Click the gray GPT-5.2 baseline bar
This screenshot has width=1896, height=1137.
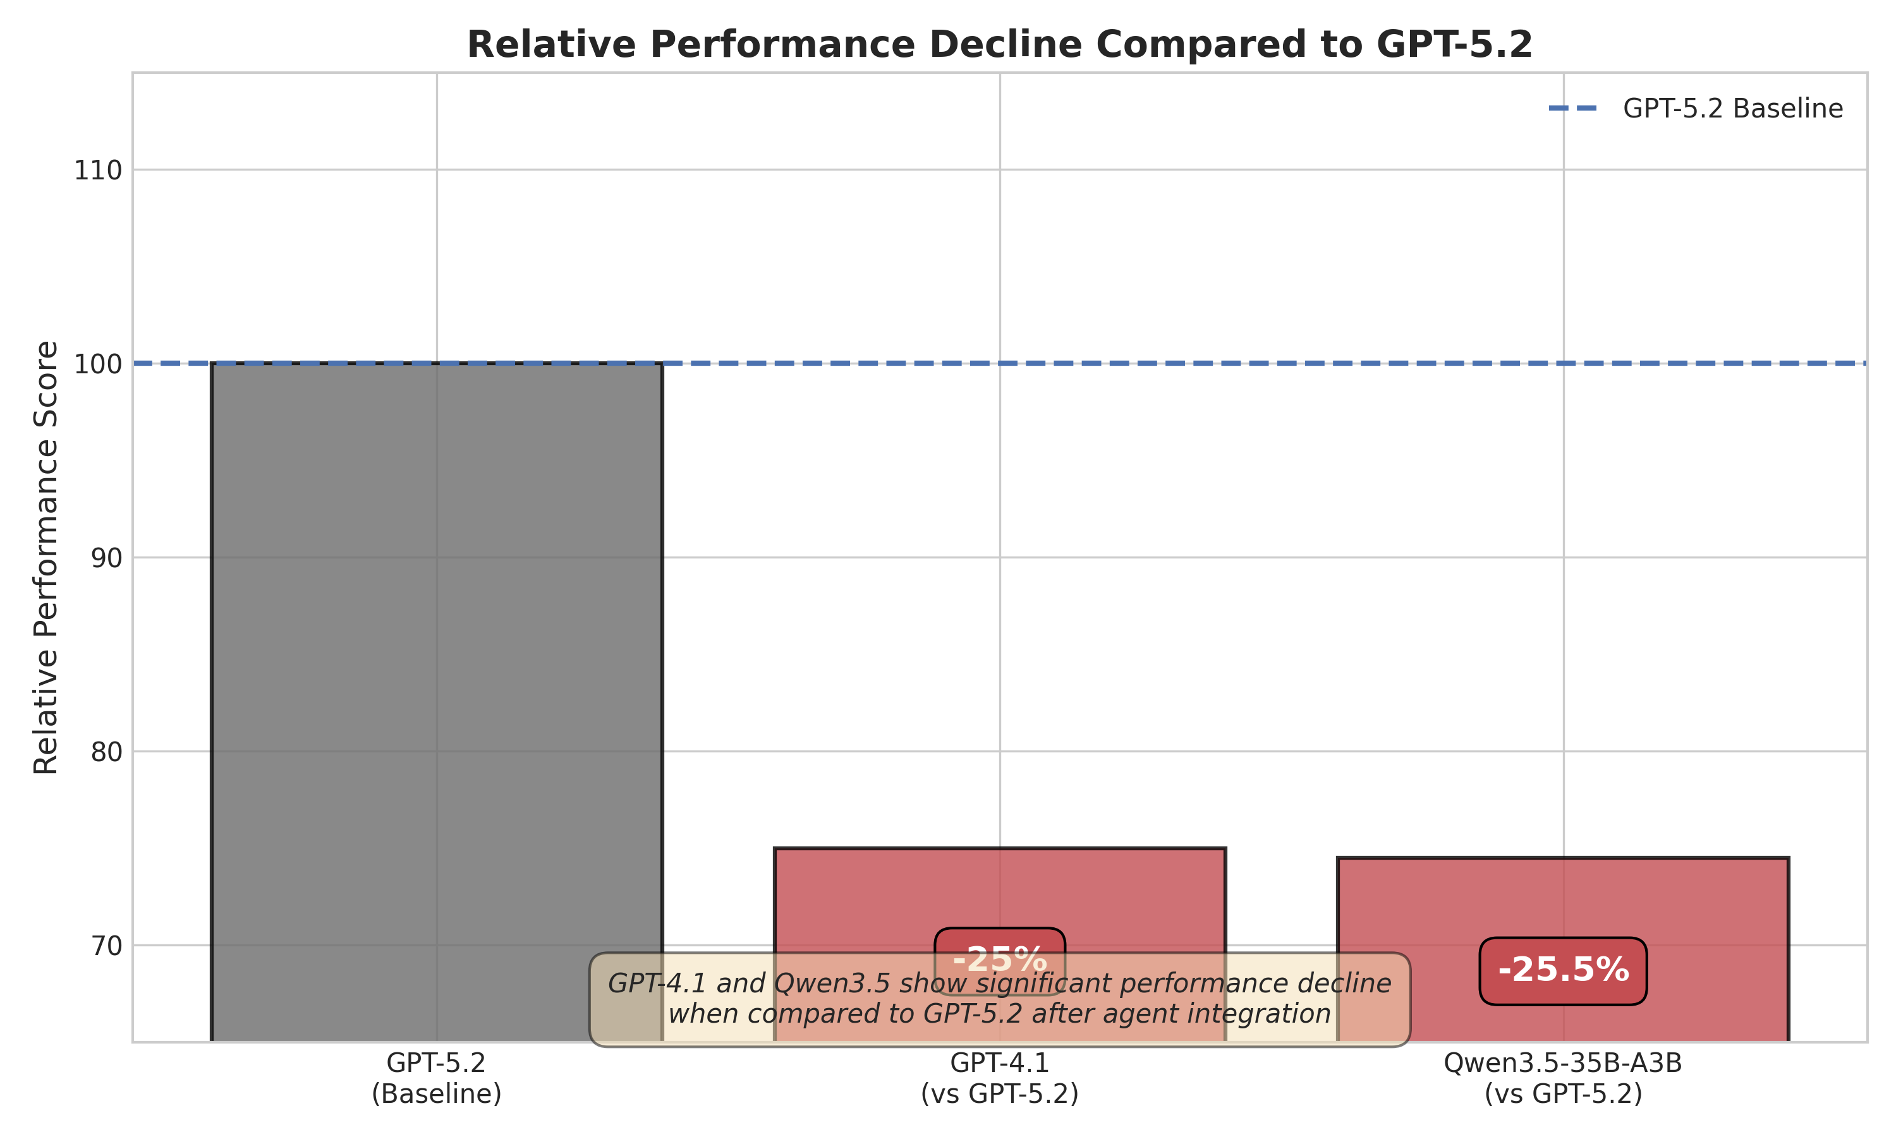437,651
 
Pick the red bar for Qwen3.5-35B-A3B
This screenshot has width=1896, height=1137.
1564,904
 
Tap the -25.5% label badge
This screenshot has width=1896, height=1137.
1564,970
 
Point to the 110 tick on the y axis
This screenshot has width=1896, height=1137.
98,170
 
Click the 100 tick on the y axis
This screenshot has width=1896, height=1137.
98,364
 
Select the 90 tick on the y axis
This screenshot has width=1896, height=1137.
107,558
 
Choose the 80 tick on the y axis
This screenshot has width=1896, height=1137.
107,752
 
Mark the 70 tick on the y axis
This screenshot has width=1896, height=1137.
107,946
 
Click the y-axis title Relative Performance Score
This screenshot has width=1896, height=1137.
46,558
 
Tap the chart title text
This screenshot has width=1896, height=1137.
999,44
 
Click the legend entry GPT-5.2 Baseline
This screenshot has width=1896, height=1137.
1732,109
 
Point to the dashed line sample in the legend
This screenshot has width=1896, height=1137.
1572,109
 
